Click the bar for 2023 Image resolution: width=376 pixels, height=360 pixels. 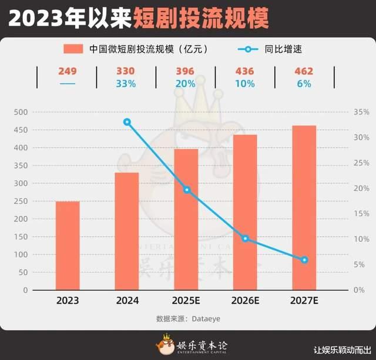[68, 245]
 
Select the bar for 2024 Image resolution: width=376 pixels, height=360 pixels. [127, 231]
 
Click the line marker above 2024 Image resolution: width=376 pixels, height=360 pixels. [127, 122]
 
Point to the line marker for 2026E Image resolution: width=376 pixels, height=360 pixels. [245, 238]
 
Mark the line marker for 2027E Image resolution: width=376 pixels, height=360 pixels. [304, 260]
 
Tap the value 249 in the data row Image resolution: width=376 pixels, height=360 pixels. [68, 72]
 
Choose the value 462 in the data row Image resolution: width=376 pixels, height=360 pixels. [304, 72]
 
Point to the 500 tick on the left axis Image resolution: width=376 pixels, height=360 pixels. [21, 112]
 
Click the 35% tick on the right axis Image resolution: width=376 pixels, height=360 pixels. [361, 112]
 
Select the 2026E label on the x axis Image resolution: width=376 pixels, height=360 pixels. [245, 301]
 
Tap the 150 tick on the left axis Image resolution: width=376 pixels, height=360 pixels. [21, 237]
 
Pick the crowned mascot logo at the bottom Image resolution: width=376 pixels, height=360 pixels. [166, 344]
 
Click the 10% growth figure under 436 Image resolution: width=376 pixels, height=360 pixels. [245, 84]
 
